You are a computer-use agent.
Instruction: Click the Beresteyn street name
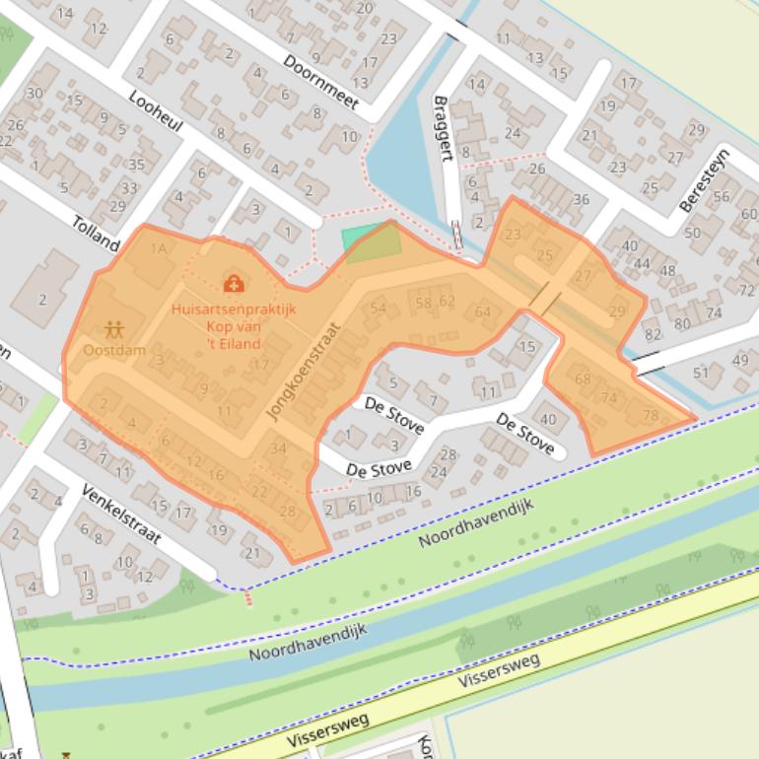(703, 179)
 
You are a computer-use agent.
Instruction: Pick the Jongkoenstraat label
(302, 372)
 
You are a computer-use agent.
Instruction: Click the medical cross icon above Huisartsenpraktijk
(234, 285)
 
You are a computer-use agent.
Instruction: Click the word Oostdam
(114, 350)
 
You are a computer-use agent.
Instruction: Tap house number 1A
(158, 249)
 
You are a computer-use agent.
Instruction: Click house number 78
(650, 415)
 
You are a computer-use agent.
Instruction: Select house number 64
(482, 312)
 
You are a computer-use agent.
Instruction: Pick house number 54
(378, 308)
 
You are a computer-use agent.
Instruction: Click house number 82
(653, 335)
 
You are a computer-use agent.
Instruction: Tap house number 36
(581, 200)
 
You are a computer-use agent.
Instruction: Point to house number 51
(701, 373)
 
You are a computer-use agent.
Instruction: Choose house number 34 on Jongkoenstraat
(278, 448)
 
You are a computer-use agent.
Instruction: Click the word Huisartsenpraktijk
(233, 308)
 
